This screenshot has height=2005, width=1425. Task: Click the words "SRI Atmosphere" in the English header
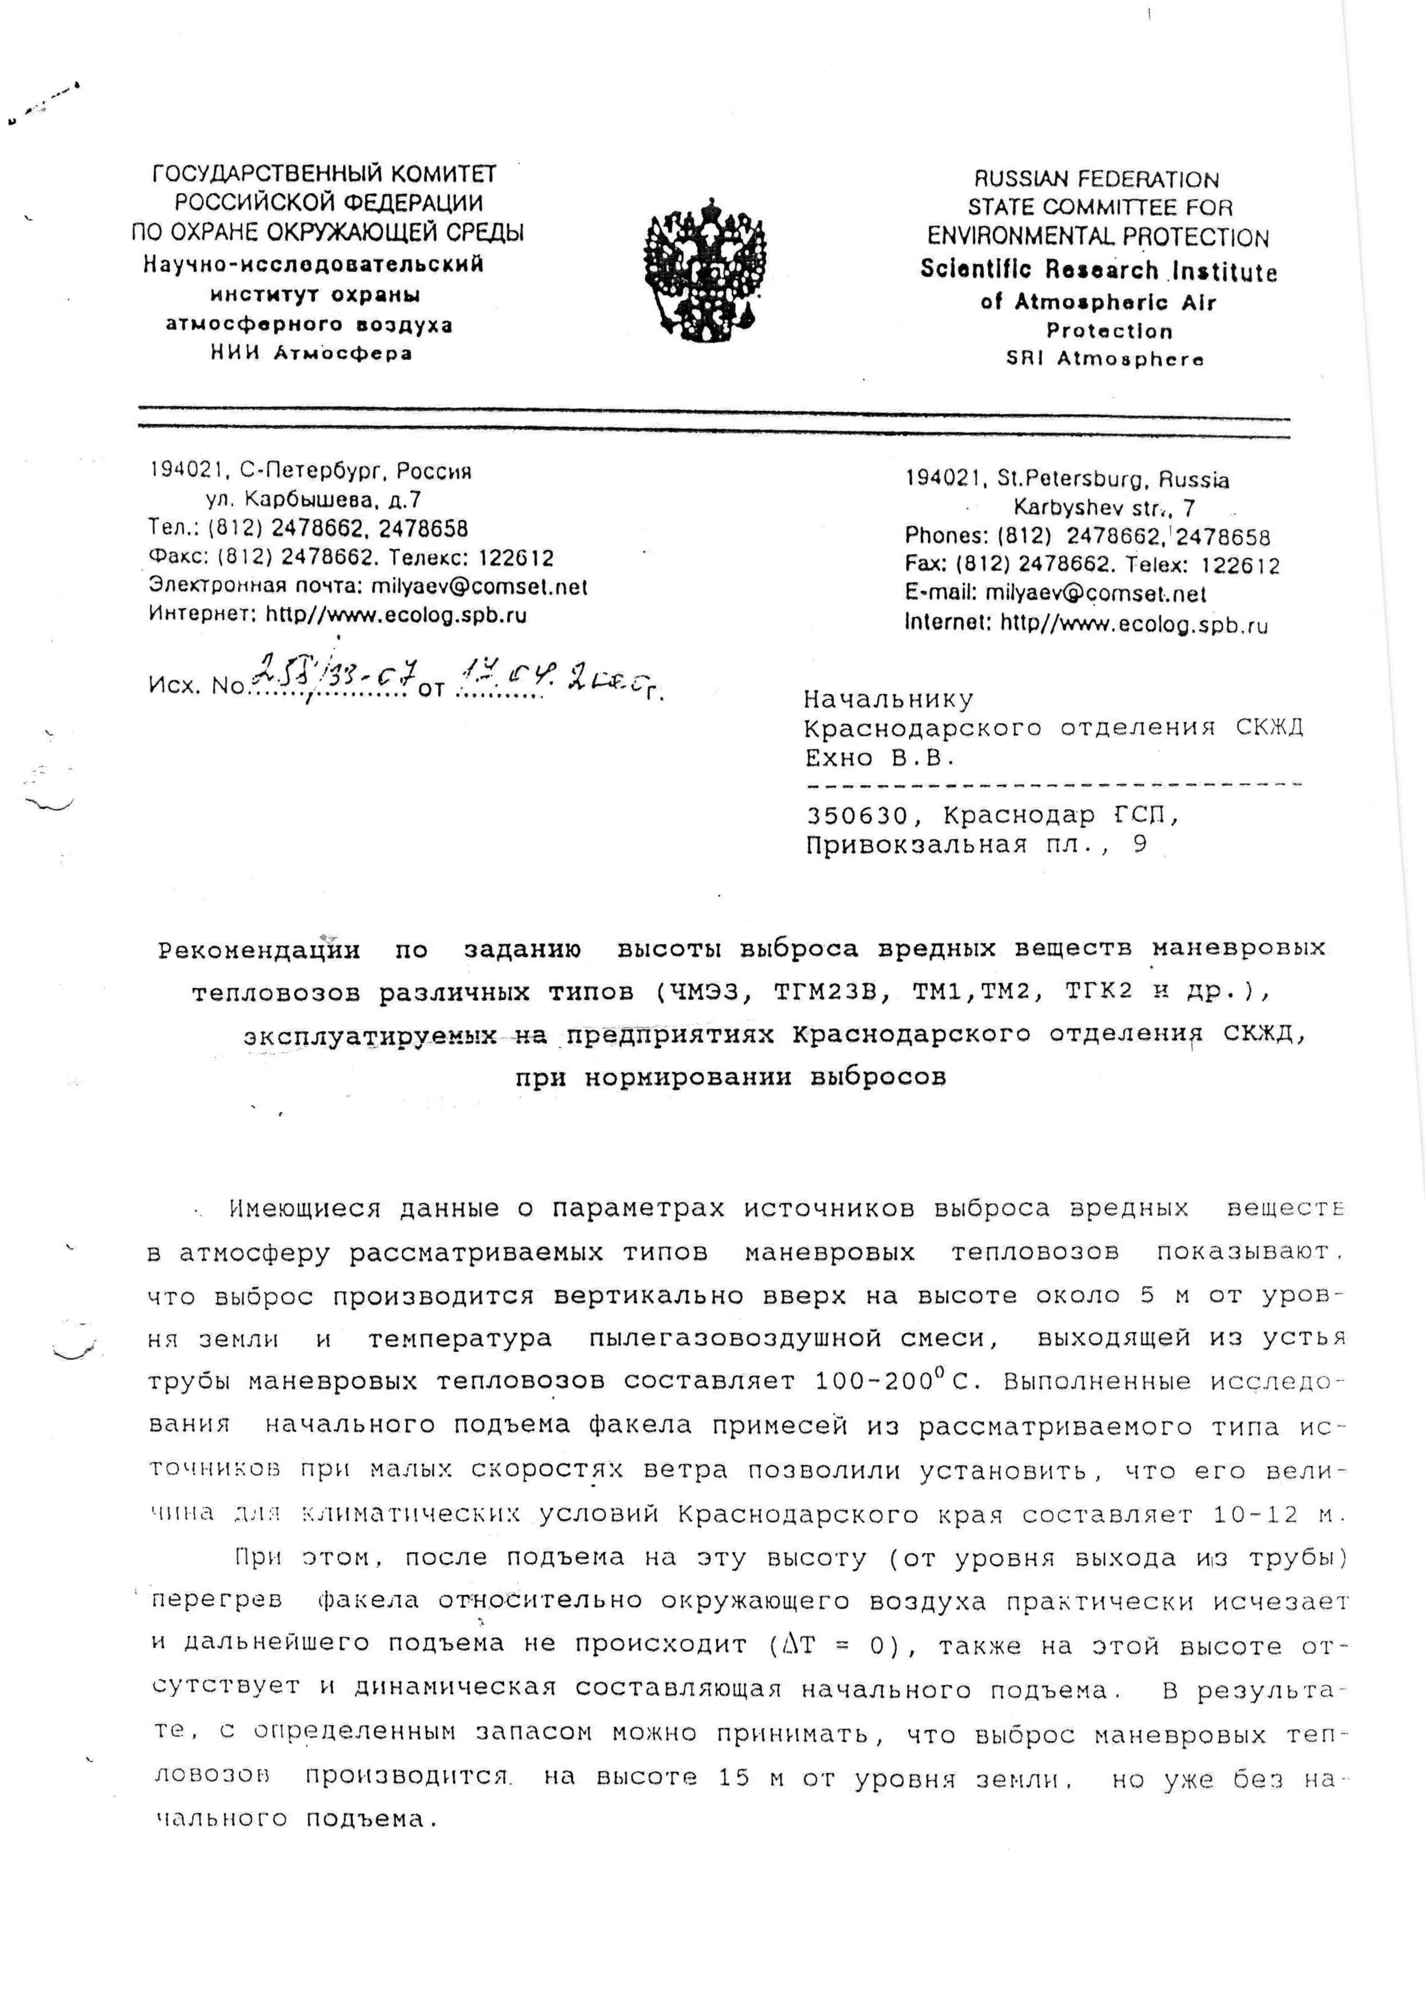click(1105, 359)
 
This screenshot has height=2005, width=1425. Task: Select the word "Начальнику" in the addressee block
click(888, 699)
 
